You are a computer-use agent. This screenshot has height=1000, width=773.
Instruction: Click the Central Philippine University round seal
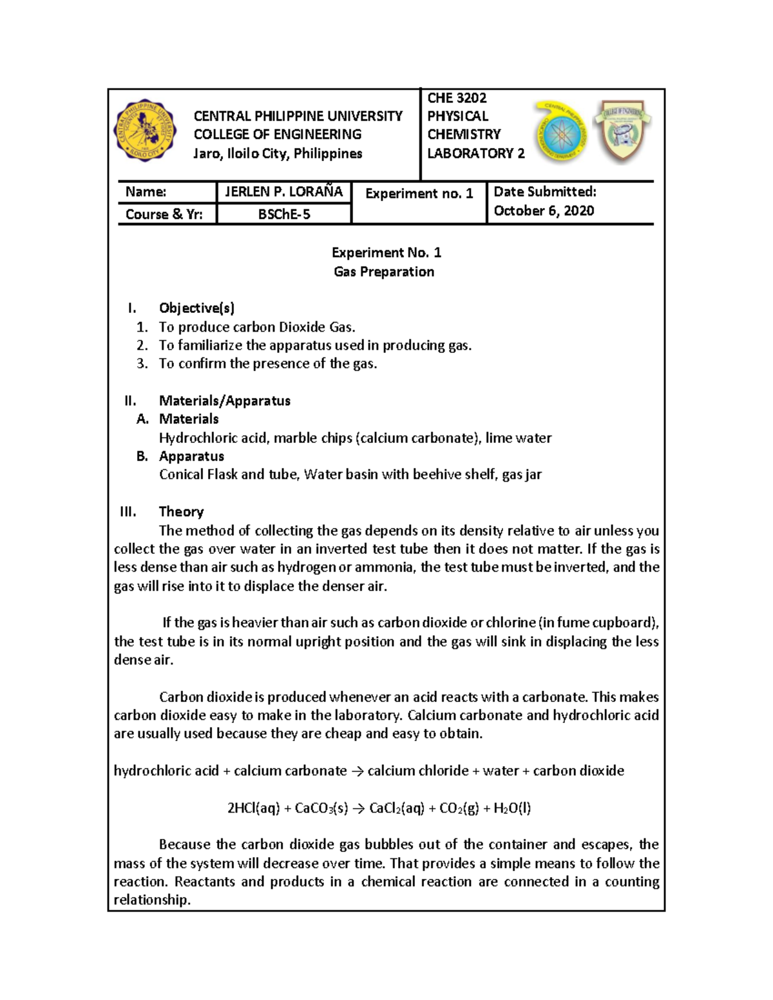[x=145, y=131]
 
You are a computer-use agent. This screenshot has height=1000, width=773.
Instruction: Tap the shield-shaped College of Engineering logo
[x=623, y=131]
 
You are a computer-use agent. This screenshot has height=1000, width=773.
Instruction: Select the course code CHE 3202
[x=457, y=98]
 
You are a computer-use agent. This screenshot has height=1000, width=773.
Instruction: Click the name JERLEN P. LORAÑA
[x=283, y=192]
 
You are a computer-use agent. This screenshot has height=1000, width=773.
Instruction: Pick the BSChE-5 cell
[x=284, y=214]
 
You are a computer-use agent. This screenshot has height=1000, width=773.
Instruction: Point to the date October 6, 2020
[x=544, y=211]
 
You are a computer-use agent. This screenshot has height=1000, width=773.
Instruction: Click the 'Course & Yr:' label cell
[x=164, y=214]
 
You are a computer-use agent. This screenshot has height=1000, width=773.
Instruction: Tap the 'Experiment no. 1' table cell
[x=419, y=193]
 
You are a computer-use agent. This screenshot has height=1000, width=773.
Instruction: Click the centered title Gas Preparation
[x=384, y=272]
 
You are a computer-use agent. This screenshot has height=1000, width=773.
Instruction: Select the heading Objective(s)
[x=196, y=308]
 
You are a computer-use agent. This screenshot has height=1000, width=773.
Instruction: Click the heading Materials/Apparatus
[x=224, y=401]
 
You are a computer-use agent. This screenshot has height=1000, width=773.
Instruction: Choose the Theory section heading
[x=181, y=511]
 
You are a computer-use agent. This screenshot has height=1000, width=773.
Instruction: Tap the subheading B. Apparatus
[x=191, y=456]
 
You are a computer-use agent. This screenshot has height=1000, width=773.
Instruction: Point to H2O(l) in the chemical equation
[x=512, y=808]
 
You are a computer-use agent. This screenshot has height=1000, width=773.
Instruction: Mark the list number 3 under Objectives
[x=142, y=364]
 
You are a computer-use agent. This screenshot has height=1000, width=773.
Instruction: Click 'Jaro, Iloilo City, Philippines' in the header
[x=278, y=153]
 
